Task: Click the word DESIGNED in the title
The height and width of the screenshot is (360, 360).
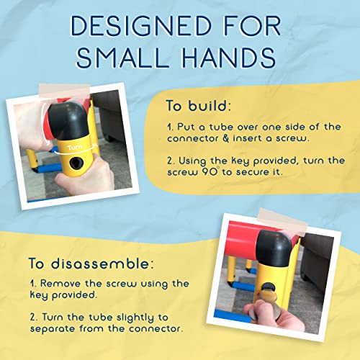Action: point(142,26)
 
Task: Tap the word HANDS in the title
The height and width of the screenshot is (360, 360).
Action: point(228,58)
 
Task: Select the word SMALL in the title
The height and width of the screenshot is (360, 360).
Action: point(122,58)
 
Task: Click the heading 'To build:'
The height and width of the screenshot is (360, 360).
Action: point(199,105)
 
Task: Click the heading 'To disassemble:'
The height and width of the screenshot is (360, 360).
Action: point(91,264)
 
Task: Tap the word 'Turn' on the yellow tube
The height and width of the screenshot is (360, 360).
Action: point(75,148)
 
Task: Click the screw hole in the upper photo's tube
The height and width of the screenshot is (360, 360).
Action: point(76,163)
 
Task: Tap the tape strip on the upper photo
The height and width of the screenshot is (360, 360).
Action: point(64,91)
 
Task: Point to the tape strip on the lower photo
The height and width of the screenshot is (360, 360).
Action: point(282,222)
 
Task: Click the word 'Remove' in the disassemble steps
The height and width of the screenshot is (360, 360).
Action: point(60,284)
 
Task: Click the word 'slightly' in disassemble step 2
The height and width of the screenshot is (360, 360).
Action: point(135,318)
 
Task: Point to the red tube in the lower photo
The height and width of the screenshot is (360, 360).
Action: point(243,240)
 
